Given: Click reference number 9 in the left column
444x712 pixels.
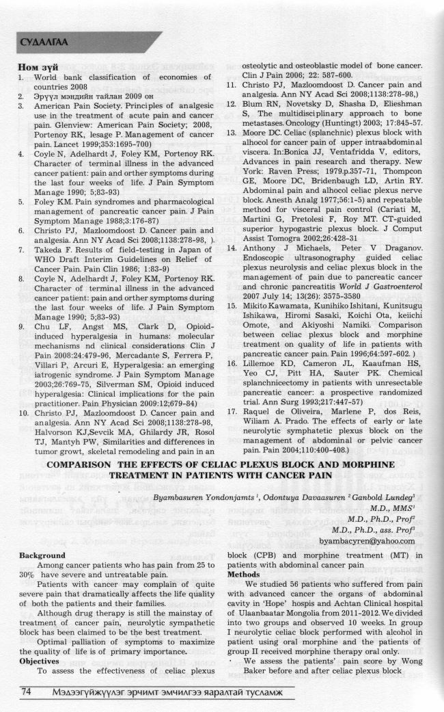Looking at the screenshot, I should (x=24, y=326).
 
